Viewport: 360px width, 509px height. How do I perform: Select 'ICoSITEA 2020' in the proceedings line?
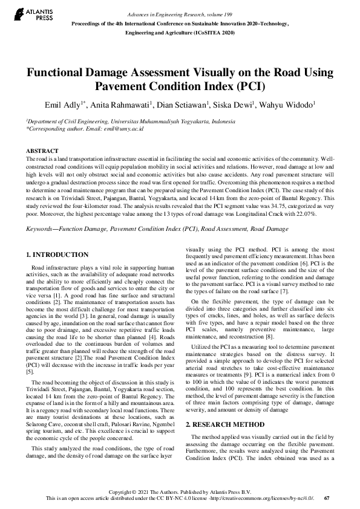click(215, 34)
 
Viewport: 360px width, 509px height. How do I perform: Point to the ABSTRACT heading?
click(42, 151)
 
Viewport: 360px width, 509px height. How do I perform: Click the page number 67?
click(327, 498)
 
